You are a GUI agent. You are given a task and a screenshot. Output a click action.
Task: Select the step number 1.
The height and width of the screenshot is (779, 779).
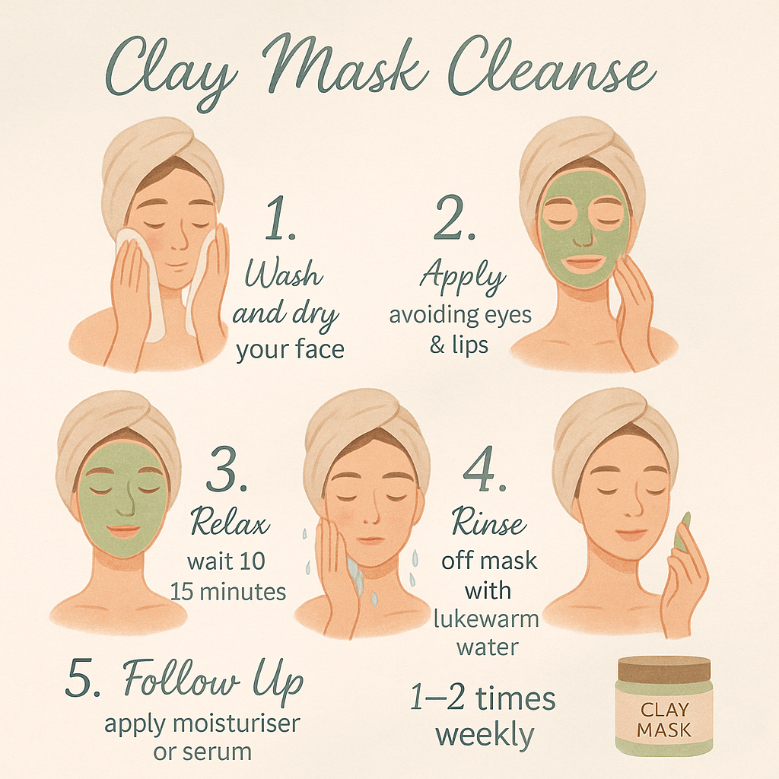(x=280, y=218)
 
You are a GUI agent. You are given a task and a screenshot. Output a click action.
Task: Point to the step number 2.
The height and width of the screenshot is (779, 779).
(x=454, y=218)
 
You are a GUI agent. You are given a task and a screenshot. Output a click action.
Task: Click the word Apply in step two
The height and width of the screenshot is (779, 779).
(x=463, y=276)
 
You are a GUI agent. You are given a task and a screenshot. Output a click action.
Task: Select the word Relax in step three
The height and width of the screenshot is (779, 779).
(x=230, y=522)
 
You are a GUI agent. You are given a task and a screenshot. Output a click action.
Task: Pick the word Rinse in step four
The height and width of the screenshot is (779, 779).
(x=489, y=522)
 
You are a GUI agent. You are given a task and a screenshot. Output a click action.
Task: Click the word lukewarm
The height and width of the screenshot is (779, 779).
(x=486, y=619)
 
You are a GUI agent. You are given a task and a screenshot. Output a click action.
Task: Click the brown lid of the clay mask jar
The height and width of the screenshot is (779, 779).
(x=664, y=669)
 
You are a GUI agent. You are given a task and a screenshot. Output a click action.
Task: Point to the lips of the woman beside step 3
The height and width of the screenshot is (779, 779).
(x=123, y=530)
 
